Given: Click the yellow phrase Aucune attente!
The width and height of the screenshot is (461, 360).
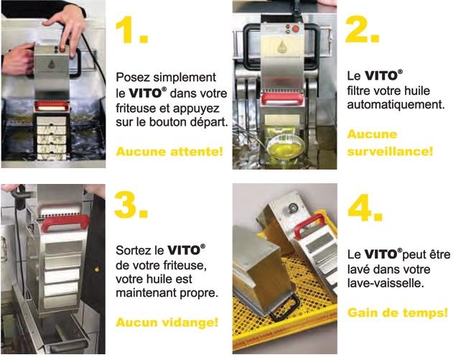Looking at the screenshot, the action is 169,152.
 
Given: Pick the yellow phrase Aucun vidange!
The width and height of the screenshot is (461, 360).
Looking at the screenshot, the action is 167,323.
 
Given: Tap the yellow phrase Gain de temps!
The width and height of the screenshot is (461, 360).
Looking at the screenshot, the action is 398,313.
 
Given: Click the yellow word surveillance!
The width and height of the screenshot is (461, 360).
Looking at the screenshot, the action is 390,152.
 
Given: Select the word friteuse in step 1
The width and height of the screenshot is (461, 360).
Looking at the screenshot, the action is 136,109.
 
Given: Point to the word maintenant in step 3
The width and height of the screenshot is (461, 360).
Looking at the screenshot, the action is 146,293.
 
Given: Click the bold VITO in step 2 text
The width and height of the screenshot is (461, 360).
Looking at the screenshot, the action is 381,76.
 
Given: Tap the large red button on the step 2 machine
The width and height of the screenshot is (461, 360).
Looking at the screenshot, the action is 296,29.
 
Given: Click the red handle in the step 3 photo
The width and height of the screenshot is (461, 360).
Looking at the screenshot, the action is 65,222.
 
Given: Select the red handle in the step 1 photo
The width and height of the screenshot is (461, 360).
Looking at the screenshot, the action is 52,106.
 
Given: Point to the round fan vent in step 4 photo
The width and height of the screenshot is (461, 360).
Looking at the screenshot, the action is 293,208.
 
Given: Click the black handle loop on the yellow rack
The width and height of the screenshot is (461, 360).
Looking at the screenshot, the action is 284,308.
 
